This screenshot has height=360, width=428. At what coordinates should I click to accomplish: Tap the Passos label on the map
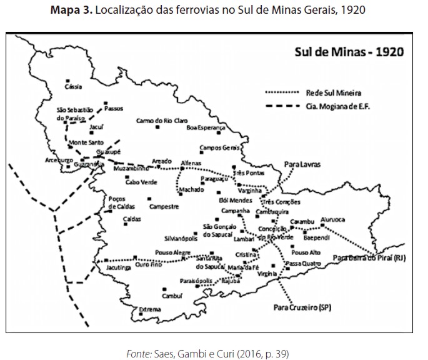click(114, 108)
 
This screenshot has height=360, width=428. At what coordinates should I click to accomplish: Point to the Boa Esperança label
click(206, 127)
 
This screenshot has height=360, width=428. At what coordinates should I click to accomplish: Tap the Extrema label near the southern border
click(150, 309)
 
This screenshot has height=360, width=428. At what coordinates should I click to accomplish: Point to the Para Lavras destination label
click(302, 164)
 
